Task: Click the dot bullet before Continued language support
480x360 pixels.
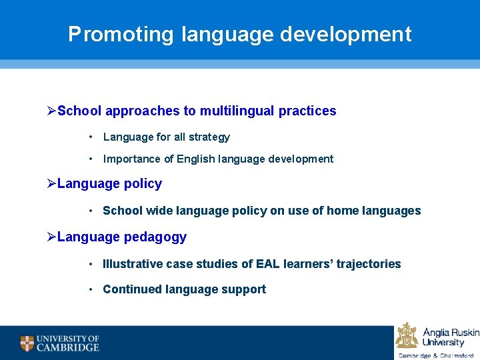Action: coord(91,289)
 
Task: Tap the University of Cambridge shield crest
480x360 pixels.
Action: coord(27,343)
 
